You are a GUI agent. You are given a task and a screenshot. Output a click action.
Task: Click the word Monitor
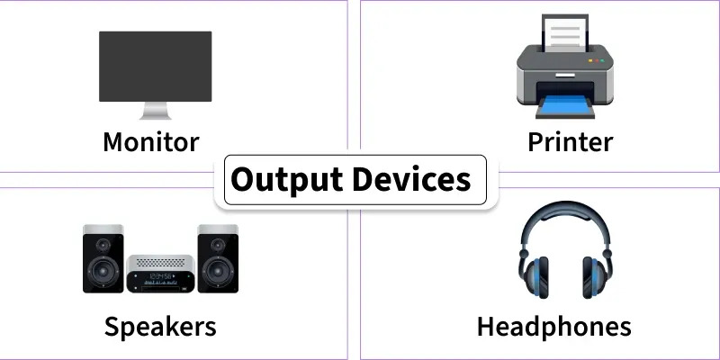coord(150,141)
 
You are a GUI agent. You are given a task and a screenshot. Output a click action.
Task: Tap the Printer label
coord(570,141)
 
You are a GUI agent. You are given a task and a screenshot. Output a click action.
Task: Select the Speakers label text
coord(160,325)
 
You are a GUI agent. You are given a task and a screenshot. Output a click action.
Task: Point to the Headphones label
coord(553,325)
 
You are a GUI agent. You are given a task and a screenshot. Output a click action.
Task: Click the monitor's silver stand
coord(155,112)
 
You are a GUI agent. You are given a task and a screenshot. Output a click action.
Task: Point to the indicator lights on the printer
coord(595,61)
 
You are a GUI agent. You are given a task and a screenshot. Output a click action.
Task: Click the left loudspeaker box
coord(103,258)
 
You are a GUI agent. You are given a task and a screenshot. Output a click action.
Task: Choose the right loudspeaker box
coord(218,258)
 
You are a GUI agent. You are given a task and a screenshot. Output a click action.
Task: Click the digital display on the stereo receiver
coord(161,275)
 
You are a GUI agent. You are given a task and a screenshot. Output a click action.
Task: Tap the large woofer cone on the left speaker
coord(103,271)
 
